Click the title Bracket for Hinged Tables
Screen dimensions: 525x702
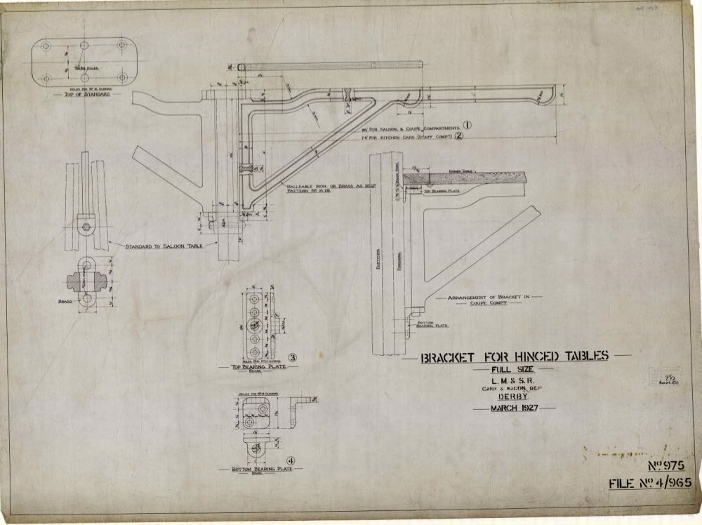514,357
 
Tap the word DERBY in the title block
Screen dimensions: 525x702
513,396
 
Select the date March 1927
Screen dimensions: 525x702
513,408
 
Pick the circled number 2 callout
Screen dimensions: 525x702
478,137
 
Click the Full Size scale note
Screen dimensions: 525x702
513,370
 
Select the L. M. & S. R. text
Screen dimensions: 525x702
513,380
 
